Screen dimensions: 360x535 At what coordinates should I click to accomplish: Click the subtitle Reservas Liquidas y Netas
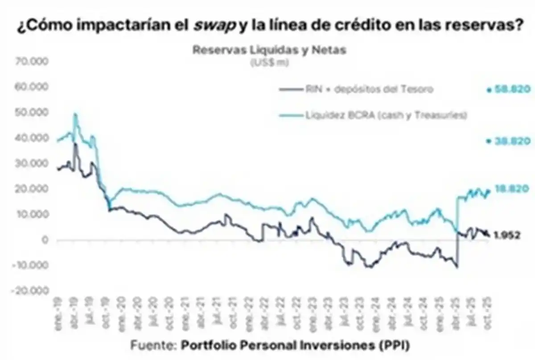click(x=269, y=50)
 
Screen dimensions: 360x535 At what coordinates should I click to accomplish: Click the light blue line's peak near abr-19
click(x=75, y=114)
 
